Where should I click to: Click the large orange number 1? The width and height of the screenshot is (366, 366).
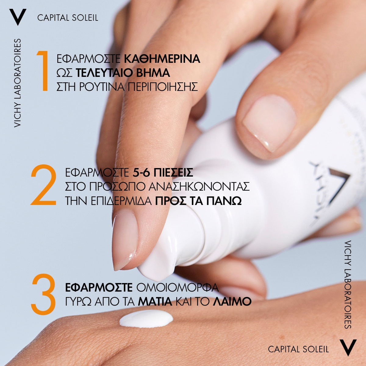point(43,71)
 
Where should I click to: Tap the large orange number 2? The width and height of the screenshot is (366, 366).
point(44,185)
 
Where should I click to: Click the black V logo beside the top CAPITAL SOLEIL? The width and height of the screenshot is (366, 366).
point(18,17)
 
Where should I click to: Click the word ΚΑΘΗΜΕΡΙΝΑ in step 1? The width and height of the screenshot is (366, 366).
point(162,59)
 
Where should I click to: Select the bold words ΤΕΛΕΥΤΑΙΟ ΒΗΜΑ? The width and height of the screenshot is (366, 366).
point(123,73)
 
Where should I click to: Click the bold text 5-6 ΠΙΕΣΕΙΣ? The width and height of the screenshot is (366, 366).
point(162,172)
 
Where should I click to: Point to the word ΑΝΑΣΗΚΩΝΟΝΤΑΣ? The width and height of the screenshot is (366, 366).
point(199,187)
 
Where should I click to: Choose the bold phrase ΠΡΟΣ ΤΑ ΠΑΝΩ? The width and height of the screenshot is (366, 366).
point(199,201)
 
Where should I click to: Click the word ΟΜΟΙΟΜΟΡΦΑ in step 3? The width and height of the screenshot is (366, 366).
point(178,288)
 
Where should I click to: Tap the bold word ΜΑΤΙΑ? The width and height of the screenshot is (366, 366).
point(155,302)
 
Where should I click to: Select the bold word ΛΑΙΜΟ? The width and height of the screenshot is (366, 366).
point(232,302)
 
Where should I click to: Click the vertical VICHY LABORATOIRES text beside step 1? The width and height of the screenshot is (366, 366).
point(17,83)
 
